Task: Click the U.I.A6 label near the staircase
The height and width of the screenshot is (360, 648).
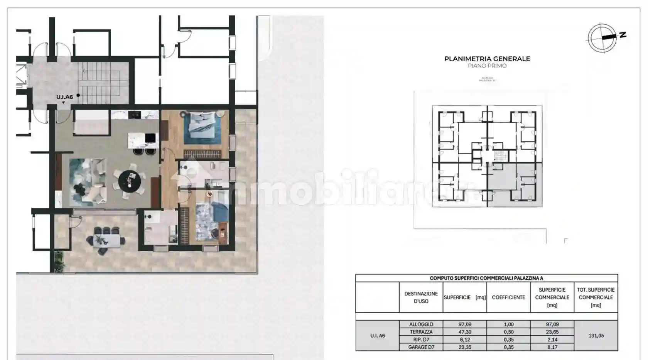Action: [64, 97]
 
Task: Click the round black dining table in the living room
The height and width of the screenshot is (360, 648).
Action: [130, 181]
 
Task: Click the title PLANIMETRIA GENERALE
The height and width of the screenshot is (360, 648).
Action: [487, 59]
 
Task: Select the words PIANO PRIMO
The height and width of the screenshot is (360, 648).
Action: [487, 66]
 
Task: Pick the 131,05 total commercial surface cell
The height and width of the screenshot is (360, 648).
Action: [596, 336]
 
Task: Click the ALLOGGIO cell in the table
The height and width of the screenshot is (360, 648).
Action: [421, 325]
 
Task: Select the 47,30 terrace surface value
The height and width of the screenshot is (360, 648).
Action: [464, 332]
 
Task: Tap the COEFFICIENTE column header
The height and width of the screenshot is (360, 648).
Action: [508, 297]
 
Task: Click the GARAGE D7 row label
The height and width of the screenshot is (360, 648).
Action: [421, 347]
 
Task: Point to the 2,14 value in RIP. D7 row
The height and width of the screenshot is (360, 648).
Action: [552, 340]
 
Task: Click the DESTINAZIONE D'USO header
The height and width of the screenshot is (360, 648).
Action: [421, 297]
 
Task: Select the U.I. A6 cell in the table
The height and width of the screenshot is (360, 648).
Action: [377, 336]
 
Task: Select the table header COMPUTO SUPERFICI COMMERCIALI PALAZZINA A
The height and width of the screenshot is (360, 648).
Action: [486, 278]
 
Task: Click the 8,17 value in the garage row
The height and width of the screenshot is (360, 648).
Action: [552, 347]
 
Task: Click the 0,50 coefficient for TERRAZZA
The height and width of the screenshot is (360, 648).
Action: [508, 332]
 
